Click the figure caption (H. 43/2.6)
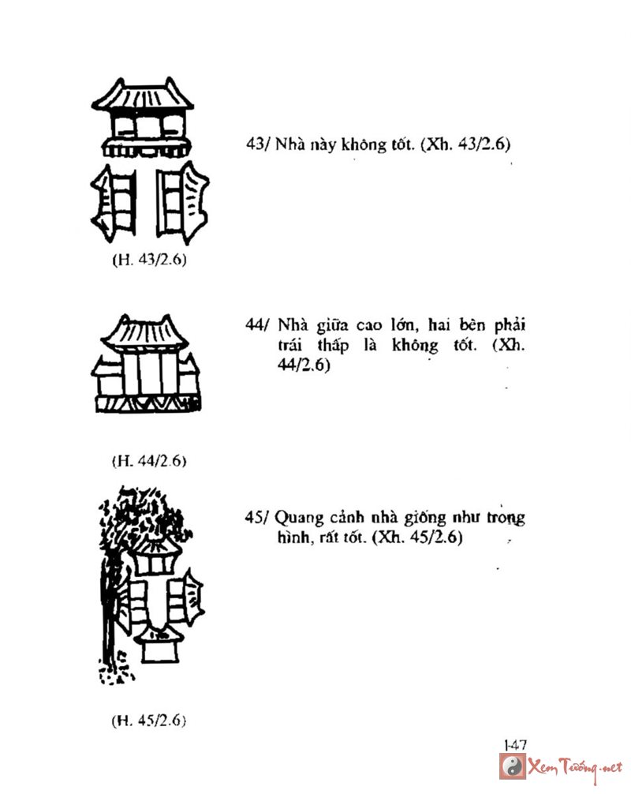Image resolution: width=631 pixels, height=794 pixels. [149, 260]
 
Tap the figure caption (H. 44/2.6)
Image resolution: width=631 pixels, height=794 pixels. [149, 461]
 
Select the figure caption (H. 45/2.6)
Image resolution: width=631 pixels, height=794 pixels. [149, 720]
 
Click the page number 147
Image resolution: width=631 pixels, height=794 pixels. [515, 745]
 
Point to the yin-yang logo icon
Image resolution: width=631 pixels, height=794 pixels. [513, 766]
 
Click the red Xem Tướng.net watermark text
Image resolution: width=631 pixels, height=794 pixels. [575, 769]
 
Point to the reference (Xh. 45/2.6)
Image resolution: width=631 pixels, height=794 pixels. [417, 537]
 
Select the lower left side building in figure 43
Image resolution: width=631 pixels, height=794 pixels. [114, 201]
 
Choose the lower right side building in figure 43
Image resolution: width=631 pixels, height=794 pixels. [182, 201]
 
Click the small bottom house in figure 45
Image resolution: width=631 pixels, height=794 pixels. [160, 644]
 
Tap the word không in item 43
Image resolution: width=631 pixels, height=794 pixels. [364, 144]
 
